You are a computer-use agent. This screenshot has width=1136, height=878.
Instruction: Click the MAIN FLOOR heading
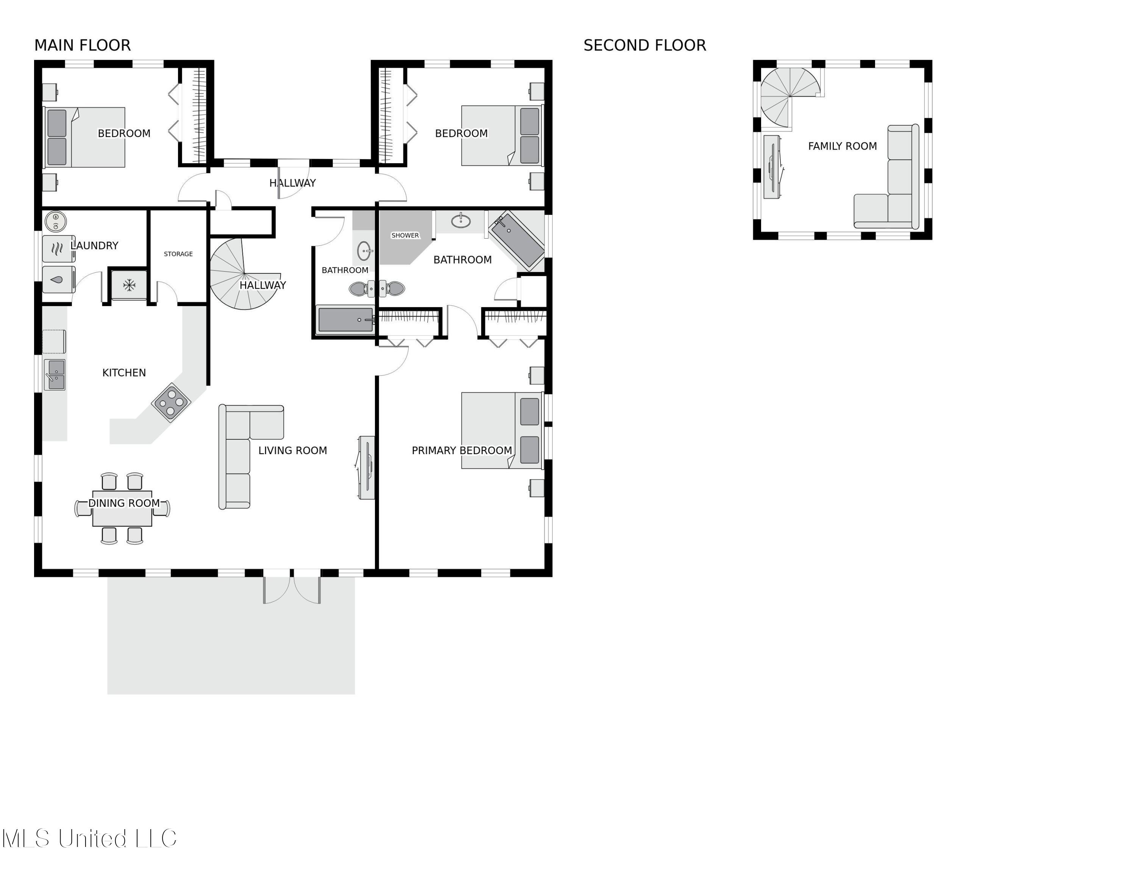pyautogui.click(x=82, y=45)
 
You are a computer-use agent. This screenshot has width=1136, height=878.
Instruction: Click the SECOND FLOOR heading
pyautogui.click(x=644, y=45)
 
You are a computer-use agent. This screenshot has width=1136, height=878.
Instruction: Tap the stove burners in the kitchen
pyautogui.click(x=171, y=402)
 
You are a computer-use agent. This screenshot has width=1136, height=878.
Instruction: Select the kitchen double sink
pyautogui.click(x=55, y=375)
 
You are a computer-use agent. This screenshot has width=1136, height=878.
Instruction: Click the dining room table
pyautogui.click(x=122, y=509)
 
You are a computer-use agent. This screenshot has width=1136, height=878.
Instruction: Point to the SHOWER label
pyautogui.click(x=405, y=236)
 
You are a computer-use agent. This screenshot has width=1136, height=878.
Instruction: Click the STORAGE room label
pyautogui.click(x=178, y=254)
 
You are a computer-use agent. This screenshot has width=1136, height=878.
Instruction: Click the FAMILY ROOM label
pyautogui.click(x=842, y=146)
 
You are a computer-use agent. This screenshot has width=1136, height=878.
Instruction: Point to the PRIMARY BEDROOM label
pyautogui.click(x=461, y=450)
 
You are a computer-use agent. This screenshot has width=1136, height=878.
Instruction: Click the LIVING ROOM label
pyautogui.click(x=292, y=450)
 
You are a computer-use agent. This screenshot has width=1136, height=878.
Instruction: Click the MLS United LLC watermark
pyautogui.click(x=89, y=839)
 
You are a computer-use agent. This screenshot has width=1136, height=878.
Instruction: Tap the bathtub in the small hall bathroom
pyautogui.click(x=345, y=319)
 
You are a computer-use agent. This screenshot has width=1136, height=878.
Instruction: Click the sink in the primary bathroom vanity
pyautogui.click(x=460, y=221)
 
